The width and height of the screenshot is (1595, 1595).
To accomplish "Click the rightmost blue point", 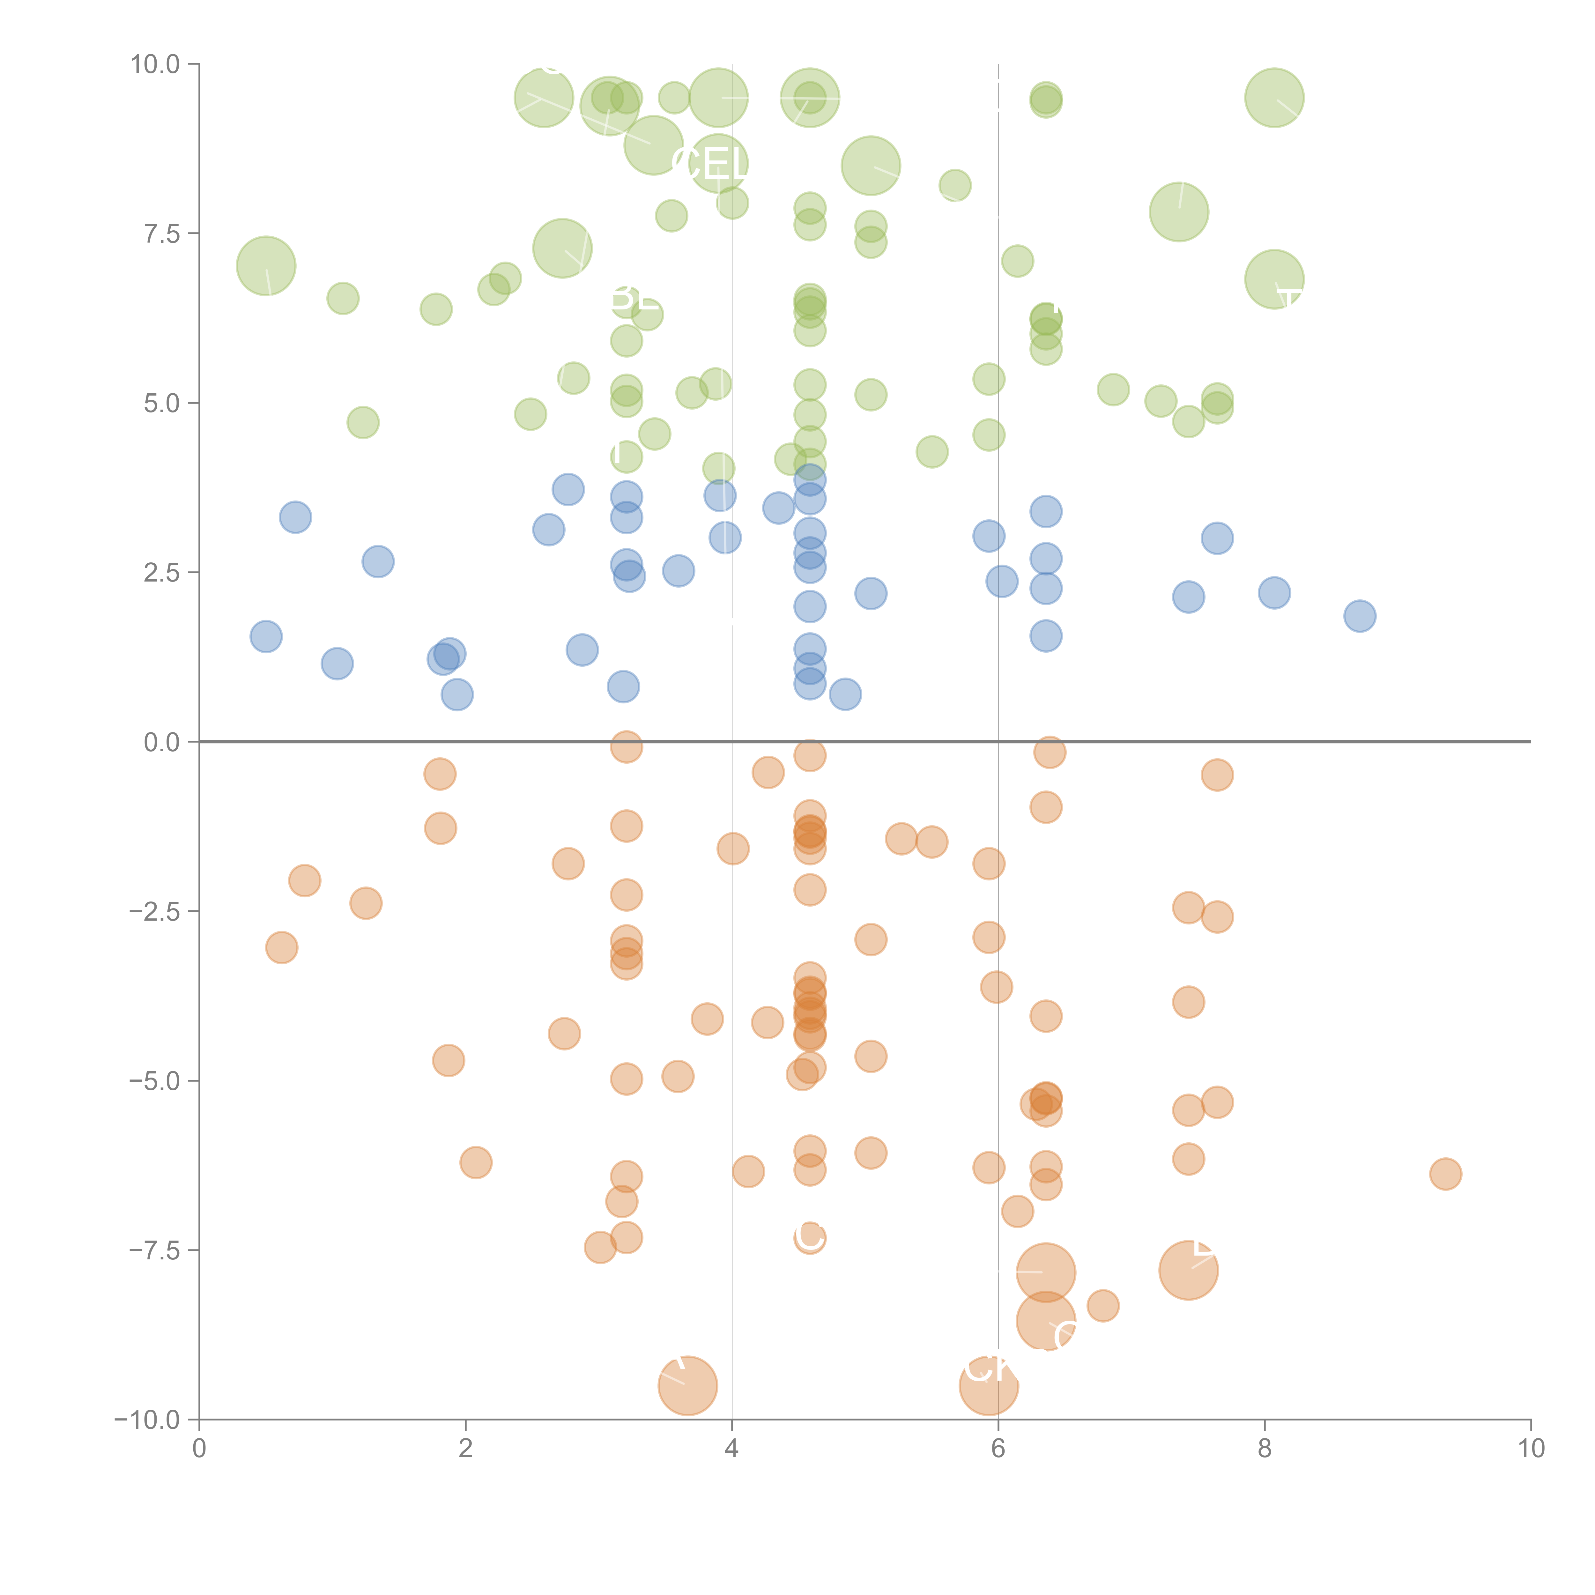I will tap(1360, 616).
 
